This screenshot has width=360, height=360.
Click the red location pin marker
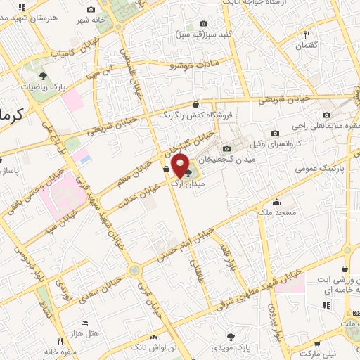point(181,166)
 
